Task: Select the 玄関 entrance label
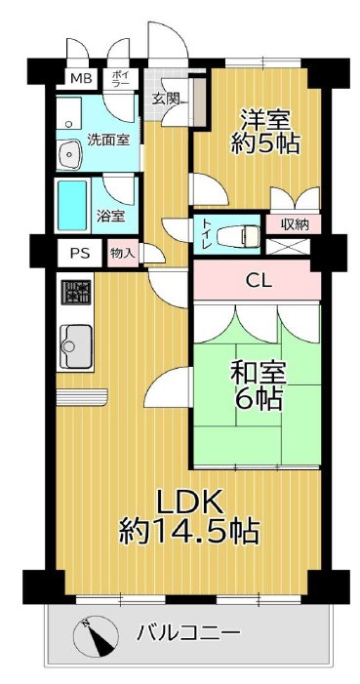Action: [165, 99]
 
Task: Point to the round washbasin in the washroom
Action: [69, 153]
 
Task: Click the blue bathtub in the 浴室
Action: [73, 203]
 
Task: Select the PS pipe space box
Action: [79, 252]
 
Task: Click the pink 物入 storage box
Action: [123, 252]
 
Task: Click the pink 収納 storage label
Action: [295, 224]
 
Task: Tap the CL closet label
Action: [258, 282]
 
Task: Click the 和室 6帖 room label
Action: [257, 384]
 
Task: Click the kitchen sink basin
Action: [75, 342]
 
